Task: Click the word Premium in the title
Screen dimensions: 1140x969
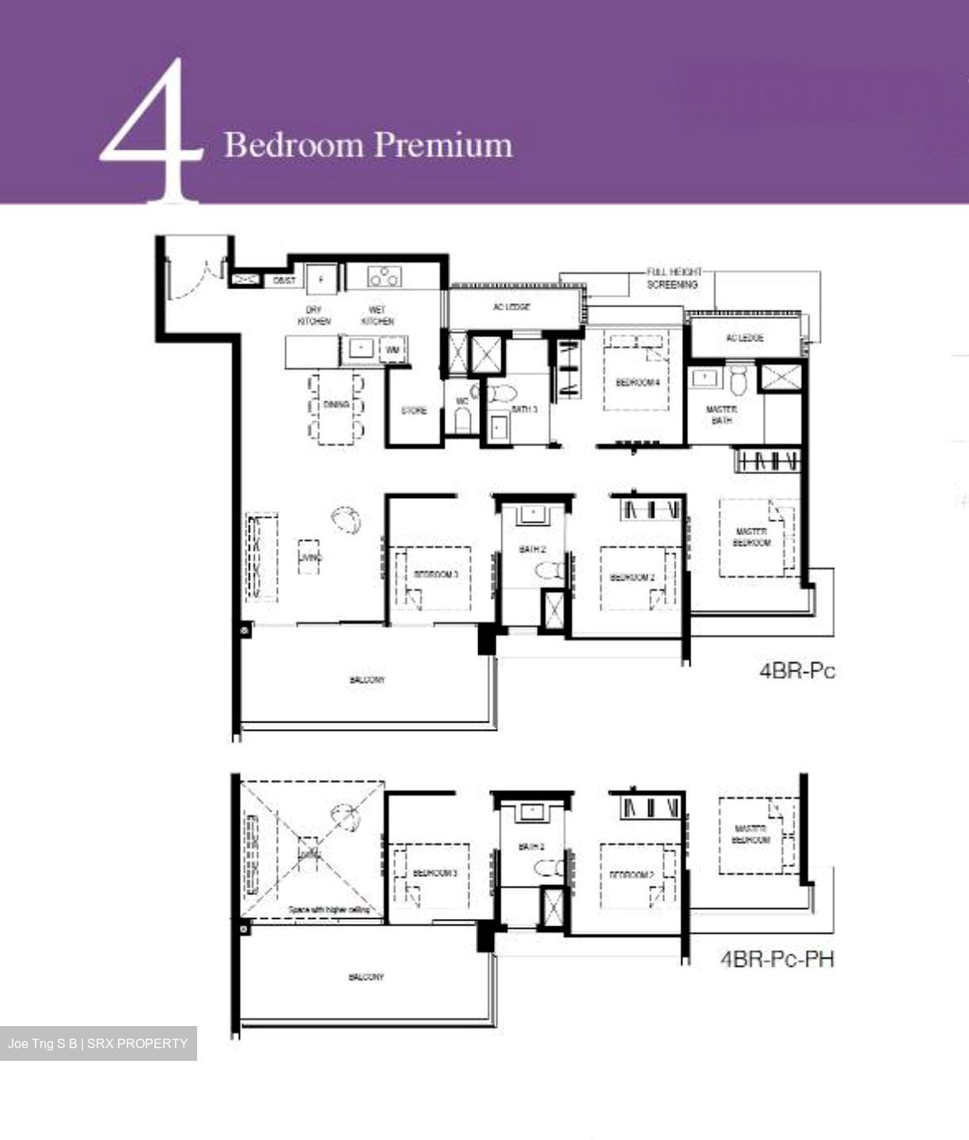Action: pyautogui.click(x=443, y=146)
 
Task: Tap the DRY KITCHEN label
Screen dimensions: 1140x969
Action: pyautogui.click(x=313, y=316)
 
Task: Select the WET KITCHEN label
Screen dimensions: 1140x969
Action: pyautogui.click(x=378, y=316)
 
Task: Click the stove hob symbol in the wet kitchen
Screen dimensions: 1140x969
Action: pyautogui.click(x=385, y=277)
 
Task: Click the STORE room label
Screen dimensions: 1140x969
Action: pyautogui.click(x=413, y=411)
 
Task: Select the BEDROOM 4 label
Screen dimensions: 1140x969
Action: pyautogui.click(x=637, y=383)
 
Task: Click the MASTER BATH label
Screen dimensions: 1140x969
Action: pyautogui.click(x=721, y=415)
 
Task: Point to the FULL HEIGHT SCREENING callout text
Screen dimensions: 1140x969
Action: pyautogui.click(x=673, y=278)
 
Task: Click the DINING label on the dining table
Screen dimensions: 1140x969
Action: pyautogui.click(x=336, y=405)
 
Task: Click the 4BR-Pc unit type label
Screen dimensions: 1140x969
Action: pyautogui.click(x=796, y=671)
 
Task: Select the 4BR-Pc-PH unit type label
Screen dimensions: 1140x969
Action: pyautogui.click(x=777, y=959)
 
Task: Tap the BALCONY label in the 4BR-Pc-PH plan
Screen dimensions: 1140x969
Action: pyautogui.click(x=366, y=977)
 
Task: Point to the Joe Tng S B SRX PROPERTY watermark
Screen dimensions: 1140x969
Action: pyautogui.click(x=98, y=1043)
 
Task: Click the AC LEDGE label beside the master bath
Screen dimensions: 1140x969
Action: pyautogui.click(x=744, y=338)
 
